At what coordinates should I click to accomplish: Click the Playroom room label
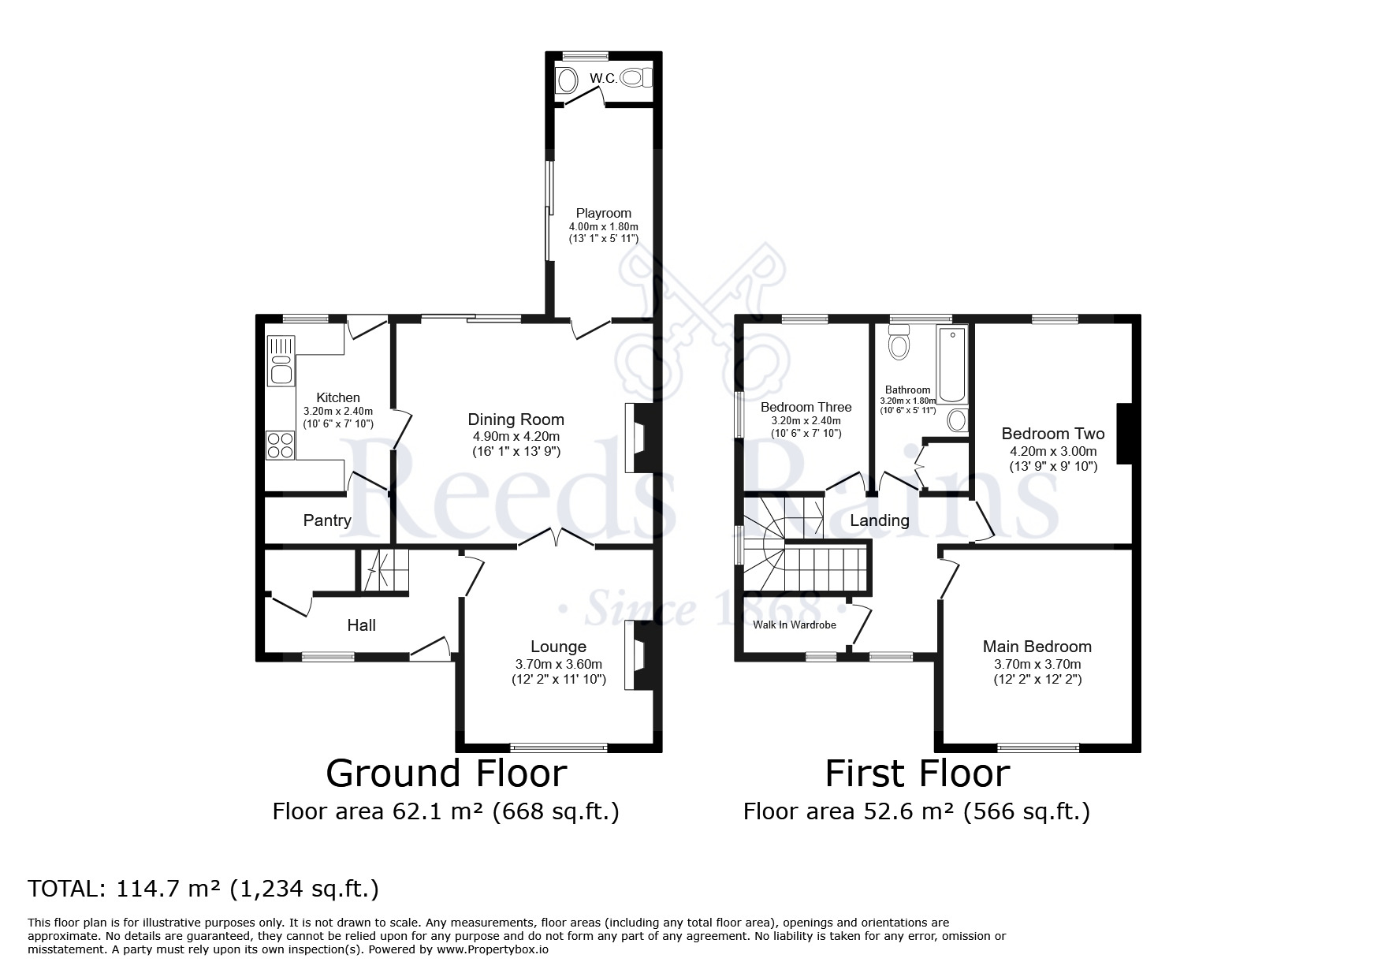(x=603, y=213)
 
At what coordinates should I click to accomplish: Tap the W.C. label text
(x=603, y=78)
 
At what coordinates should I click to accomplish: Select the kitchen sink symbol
(x=280, y=371)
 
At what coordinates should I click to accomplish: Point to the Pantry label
(x=327, y=520)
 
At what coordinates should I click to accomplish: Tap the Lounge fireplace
(x=638, y=655)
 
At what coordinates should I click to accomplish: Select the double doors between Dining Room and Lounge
(x=557, y=539)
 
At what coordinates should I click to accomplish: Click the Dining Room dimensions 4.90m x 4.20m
(x=516, y=436)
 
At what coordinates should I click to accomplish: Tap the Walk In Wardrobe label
(x=794, y=625)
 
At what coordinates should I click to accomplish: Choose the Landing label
(x=879, y=520)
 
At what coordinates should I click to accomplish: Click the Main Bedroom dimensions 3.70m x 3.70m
(x=1037, y=664)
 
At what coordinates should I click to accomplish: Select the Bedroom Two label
(x=1052, y=434)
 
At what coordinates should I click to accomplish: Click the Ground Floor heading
(x=446, y=774)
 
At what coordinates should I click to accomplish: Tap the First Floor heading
(x=917, y=774)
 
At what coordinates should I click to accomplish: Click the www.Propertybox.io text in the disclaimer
(x=493, y=949)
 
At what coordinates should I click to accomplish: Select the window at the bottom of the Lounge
(x=559, y=746)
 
